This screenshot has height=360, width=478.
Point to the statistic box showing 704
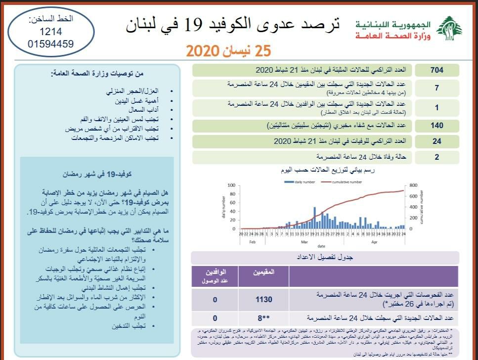point(436,70)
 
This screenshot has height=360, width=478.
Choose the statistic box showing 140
point(436,126)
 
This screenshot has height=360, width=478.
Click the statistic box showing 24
point(436,141)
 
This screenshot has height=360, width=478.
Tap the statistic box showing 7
point(436,88)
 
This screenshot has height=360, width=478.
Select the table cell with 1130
point(263,300)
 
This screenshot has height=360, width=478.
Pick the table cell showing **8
point(263,317)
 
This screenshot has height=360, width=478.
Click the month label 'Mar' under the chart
point(304,242)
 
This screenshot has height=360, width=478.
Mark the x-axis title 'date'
point(321,246)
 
